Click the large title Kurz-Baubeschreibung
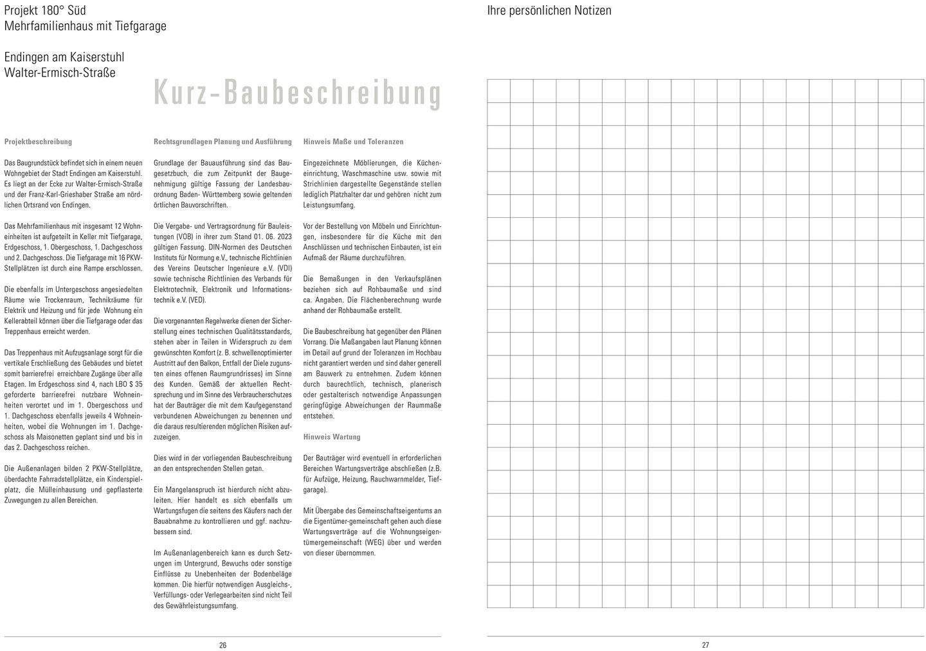[x=297, y=93]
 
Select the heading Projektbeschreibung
[x=38, y=141]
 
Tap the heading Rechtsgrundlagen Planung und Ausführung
[x=222, y=141]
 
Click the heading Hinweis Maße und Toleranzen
[x=353, y=141]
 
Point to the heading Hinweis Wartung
[x=331, y=437]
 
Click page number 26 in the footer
[x=222, y=645]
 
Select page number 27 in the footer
[x=705, y=645]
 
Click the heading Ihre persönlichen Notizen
[x=549, y=10]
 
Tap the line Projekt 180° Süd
[x=45, y=10]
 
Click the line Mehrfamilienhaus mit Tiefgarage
[x=85, y=26]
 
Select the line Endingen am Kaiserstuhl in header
[x=64, y=57]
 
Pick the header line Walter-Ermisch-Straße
[x=60, y=73]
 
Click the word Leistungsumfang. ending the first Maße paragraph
[x=329, y=205]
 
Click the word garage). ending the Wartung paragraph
[x=314, y=490]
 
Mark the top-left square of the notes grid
[x=498, y=91]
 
